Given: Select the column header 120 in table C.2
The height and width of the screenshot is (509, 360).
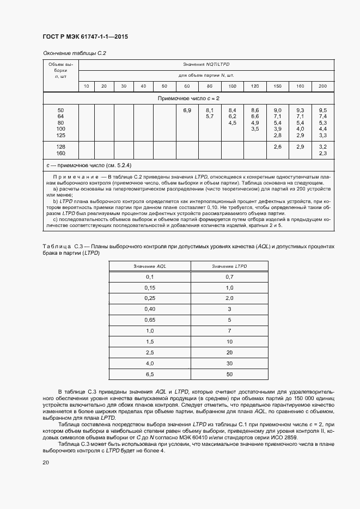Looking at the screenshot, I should (255, 87).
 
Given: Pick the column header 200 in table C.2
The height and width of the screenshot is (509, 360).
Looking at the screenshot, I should (322, 87).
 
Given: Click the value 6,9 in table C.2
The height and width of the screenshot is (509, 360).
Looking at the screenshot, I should (187, 111).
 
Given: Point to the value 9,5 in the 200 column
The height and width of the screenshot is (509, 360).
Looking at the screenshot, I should (322, 111).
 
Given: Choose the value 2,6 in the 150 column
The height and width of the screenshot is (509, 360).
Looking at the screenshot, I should (277, 147).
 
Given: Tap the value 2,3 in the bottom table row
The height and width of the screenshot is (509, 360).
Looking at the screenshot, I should (322, 154).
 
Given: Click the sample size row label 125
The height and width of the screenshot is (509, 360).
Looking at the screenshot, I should (60, 135).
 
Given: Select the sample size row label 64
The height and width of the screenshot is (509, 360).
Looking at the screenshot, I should (60, 116).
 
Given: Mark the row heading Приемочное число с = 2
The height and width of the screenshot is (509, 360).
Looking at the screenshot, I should (188, 99).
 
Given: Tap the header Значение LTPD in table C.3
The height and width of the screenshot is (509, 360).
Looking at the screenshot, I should (229, 266).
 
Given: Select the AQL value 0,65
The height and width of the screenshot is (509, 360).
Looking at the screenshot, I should (150, 320).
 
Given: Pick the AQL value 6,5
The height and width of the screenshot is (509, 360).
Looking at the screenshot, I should (150, 375).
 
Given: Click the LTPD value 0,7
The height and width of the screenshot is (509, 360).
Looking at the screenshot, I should (229, 277).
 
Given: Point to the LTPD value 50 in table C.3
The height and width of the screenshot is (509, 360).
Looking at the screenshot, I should (229, 375).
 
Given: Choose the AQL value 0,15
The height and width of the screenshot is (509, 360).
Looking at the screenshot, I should (150, 287).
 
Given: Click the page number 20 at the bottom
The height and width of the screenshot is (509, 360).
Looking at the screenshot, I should (46, 462).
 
